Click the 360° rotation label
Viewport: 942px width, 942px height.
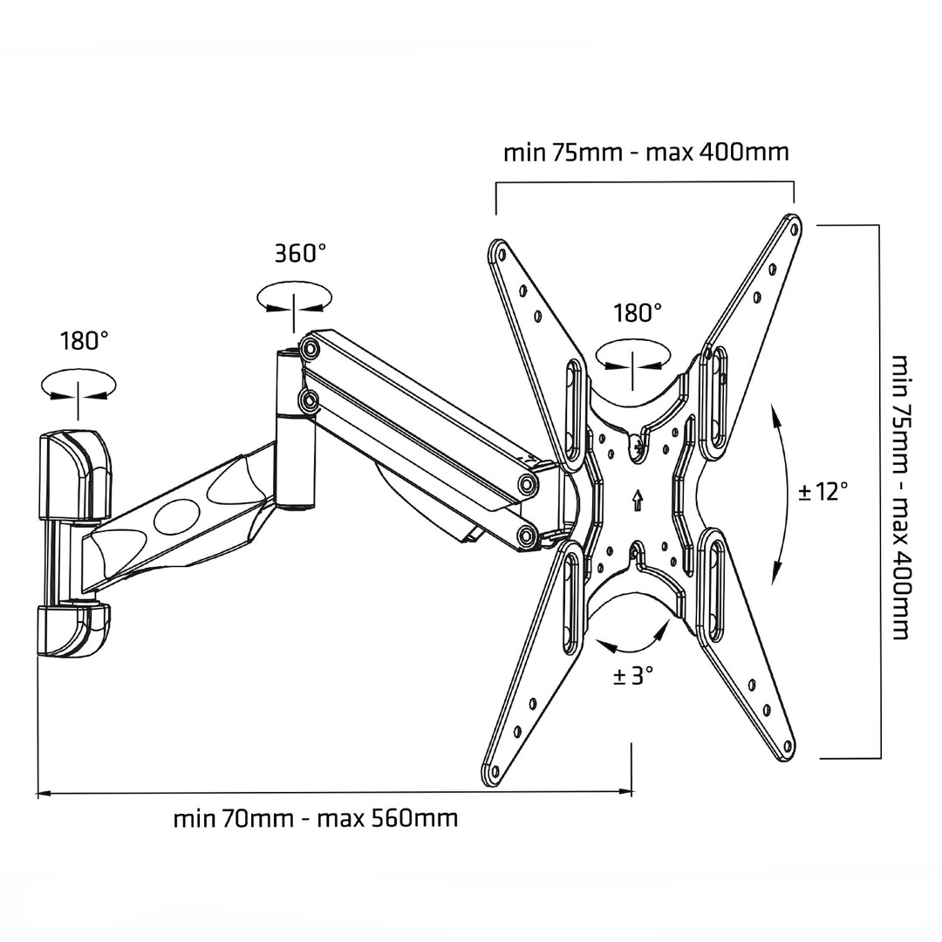tap(300, 254)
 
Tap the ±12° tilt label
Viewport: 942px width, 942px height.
tap(823, 491)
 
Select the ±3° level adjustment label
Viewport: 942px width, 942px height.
tap(632, 675)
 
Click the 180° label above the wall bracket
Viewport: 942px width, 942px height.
tap(85, 340)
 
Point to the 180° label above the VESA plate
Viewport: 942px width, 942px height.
tap(638, 312)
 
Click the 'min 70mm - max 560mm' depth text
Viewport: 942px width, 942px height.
tap(315, 819)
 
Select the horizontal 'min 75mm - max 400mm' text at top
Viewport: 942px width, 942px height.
tap(645, 153)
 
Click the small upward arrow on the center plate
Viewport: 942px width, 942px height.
tap(638, 500)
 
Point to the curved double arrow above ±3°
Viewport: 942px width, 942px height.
tap(633, 637)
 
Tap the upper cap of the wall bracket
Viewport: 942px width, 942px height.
tap(74, 475)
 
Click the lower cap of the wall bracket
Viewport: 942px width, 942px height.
tap(73, 630)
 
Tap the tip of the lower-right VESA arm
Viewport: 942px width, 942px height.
tap(788, 747)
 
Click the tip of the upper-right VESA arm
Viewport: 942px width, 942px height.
tap(793, 226)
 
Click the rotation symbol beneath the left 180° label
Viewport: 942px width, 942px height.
tap(78, 387)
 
